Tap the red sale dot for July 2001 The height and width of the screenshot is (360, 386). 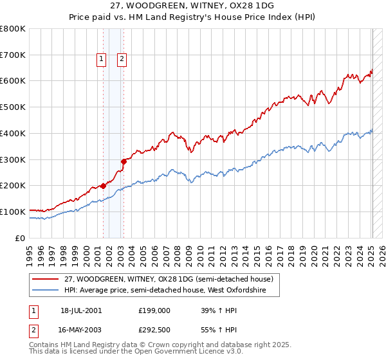(103, 186)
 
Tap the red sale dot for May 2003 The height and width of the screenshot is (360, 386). (124, 161)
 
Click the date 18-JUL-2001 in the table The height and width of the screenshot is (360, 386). (81, 310)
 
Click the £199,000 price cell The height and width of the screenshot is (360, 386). (154, 310)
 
